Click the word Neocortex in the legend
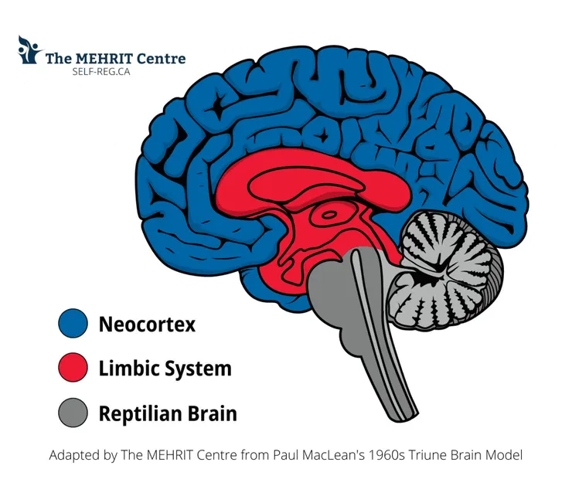[147, 324]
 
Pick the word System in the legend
[199, 369]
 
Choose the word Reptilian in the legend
[141, 413]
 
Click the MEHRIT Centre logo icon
[29, 49]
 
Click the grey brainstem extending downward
[379, 340]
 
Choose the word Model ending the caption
[502, 455]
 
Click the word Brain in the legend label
[213, 413]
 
